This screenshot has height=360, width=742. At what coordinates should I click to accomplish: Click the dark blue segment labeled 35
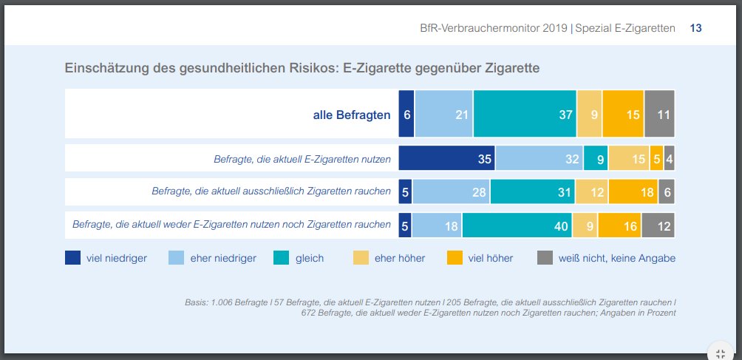tap(446, 158)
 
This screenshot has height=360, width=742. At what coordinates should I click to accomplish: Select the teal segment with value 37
tap(525, 114)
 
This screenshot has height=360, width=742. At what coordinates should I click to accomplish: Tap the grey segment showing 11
tap(659, 114)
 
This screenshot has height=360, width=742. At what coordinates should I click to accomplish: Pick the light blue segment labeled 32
tap(539, 158)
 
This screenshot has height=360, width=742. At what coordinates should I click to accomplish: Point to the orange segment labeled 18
tap(633, 192)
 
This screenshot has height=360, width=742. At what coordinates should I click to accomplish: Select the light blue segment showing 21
tap(443, 114)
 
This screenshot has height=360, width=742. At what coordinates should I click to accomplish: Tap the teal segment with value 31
tap(532, 192)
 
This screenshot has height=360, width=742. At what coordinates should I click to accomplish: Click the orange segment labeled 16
tap(619, 225)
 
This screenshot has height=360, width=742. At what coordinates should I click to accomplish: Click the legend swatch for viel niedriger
tap(73, 258)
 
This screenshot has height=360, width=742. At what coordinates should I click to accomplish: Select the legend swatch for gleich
tap(282, 258)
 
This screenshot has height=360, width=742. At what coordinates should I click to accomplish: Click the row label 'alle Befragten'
tap(351, 115)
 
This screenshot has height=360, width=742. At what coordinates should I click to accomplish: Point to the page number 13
tap(695, 28)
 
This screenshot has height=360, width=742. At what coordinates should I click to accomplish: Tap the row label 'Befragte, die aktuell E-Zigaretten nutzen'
tap(302, 158)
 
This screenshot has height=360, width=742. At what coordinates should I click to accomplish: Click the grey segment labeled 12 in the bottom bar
tap(658, 225)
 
